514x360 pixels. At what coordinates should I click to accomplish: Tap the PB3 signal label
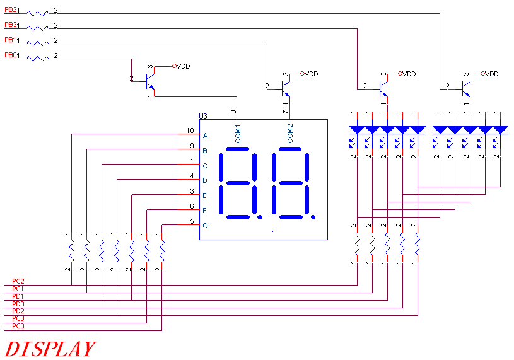[x=9, y=25]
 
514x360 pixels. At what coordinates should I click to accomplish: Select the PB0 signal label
[x=9, y=55]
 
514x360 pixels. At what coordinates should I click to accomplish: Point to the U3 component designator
[x=202, y=116]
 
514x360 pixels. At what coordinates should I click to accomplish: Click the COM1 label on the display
[x=238, y=134]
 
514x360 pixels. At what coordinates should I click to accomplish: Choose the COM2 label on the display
[x=291, y=134]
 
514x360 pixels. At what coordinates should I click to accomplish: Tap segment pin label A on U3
[x=205, y=136]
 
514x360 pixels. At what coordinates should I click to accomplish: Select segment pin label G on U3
[x=205, y=225]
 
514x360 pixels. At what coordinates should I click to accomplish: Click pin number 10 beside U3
[x=190, y=131]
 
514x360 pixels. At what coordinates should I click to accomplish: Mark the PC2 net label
[x=18, y=281]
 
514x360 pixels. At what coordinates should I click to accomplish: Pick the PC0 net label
[x=18, y=327]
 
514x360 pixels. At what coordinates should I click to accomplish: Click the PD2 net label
[x=18, y=311]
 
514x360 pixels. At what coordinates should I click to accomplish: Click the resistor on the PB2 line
[x=38, y=11]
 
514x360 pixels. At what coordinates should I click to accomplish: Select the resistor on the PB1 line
[x=38, y=41]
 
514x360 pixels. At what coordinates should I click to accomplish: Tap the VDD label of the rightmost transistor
[x=491, y=74]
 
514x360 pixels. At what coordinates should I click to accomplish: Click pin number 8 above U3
[x=234, y=112]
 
